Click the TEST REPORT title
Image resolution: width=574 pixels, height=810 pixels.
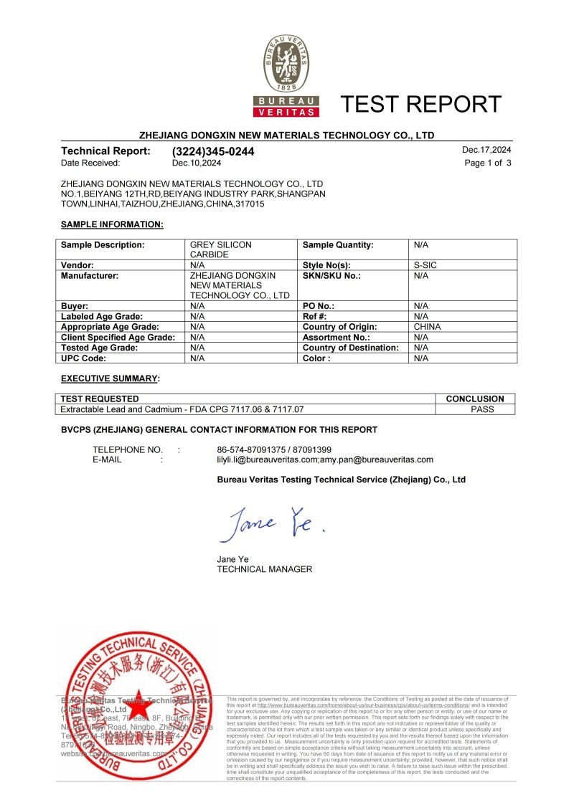point(421,104)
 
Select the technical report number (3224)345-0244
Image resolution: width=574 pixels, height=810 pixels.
point(213,152)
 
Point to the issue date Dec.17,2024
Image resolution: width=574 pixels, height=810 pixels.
point(486,151)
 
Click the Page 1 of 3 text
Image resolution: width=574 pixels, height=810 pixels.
point(488,163)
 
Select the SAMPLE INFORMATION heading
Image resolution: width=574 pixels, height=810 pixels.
point(112,224)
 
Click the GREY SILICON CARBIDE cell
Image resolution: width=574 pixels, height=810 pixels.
point(220,249)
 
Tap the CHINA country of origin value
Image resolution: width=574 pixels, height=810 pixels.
point(428,326)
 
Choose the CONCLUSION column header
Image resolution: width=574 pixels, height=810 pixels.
point(475,399)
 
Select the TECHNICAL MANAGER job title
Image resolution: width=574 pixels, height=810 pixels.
point(264,569)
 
